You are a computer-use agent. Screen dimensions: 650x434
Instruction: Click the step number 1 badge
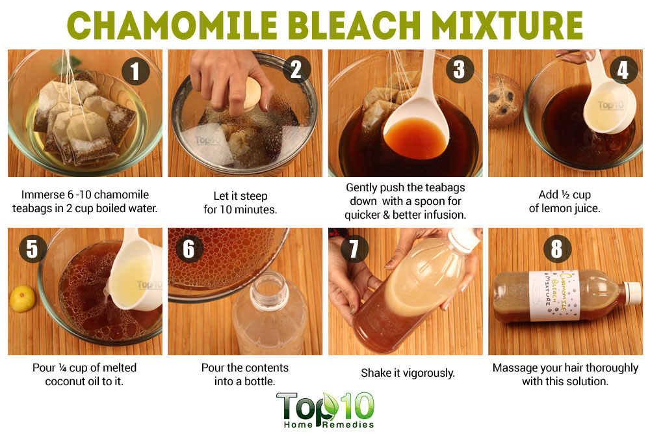pos(135,71)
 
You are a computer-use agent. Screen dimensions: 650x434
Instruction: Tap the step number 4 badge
pos(623,70)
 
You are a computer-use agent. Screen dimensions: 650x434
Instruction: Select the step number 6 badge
pos(188,249)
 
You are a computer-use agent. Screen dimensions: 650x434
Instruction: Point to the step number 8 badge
pos(557,249)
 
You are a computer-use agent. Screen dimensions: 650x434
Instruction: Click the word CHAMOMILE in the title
pos(172,25)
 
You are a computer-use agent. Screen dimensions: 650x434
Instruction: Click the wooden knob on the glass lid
pos(250,94)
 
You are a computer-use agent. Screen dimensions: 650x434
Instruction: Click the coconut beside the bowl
pos(505,100)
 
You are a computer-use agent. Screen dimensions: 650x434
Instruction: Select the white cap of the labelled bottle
pos(632,292)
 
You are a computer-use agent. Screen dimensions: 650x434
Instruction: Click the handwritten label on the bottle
pos(554,295)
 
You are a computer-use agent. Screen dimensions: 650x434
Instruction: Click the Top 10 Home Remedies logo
pos(326,410)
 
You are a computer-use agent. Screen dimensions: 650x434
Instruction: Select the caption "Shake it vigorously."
pos(408,373)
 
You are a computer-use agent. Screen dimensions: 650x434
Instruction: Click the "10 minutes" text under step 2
pos(248,210)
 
